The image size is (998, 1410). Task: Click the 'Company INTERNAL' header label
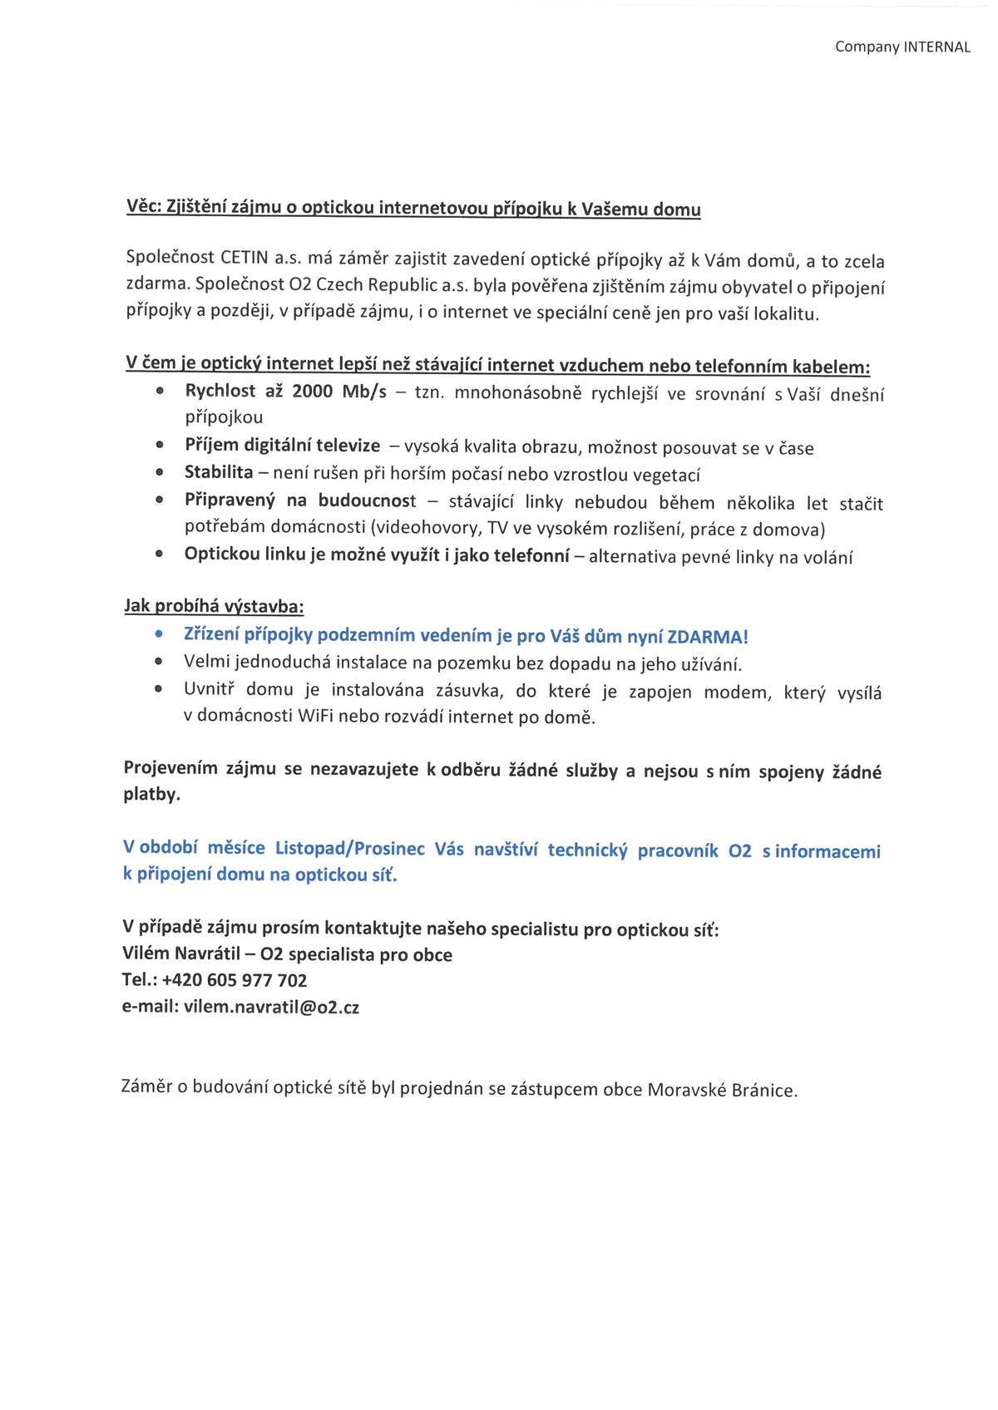(x=902, y=47)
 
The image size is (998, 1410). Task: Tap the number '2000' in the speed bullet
(x=312, y=392)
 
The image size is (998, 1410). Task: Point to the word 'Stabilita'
(x=219, y=472)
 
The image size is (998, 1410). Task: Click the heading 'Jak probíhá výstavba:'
(x=214, y=605)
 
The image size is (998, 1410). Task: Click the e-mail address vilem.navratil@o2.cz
(x=271, y=1007)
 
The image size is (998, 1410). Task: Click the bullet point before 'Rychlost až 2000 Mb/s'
(x=159, y=392)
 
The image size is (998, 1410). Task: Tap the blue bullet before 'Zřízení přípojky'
(x=158, y=635)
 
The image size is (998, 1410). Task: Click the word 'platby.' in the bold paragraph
(x=152, y=794)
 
